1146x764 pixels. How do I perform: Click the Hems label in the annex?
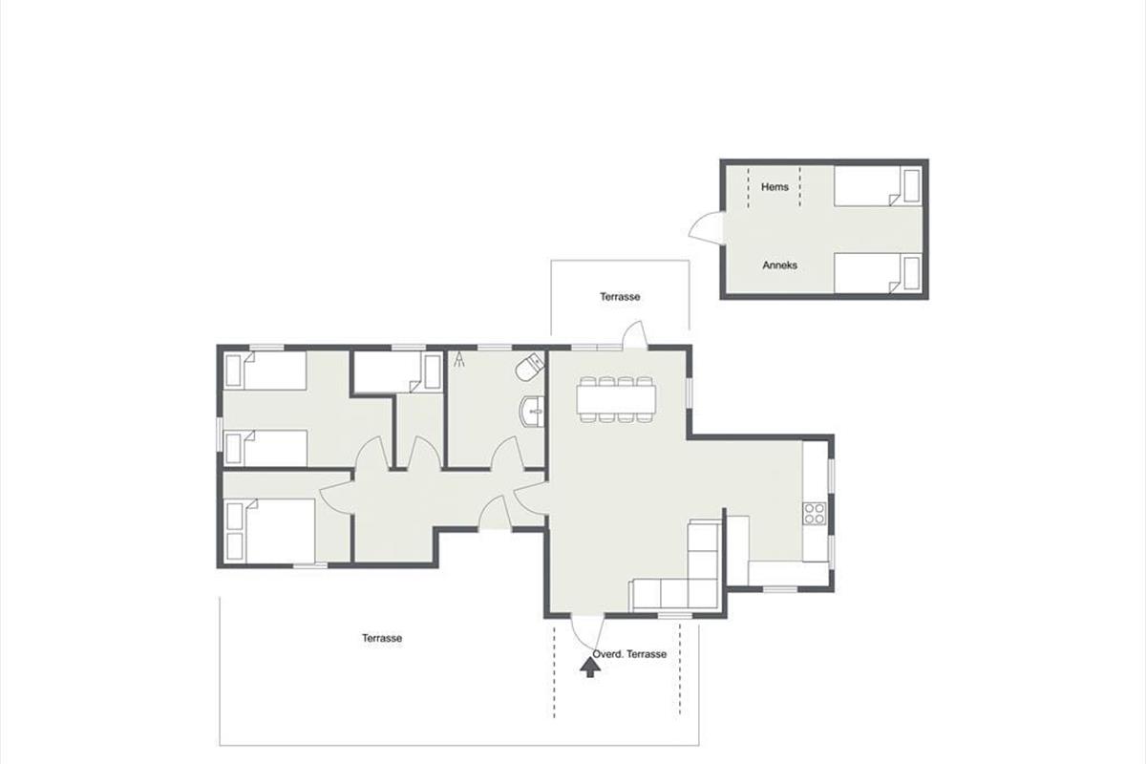tap(775, 187)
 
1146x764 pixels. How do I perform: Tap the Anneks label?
tap(779, 265)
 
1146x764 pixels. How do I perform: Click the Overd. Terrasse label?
tap(629, 654)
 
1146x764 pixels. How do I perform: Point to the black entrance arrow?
tap(590, 668)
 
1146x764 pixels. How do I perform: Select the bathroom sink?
tap(532, 411)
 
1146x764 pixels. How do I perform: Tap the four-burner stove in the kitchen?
tap(814, 514)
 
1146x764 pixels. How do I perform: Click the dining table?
tap(617, 399)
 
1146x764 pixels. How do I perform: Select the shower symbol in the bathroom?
tap(459, 359)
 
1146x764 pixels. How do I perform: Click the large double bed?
tap(270, 531)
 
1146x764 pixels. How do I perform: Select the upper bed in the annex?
tap(878, 186)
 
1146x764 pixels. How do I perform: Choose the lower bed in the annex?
tap(878, 273)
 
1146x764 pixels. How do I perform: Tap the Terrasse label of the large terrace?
tap(382, 638)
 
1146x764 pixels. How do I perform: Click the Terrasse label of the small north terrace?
tap(620, 297)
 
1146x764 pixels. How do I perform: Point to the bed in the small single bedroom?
tap(398, 371)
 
